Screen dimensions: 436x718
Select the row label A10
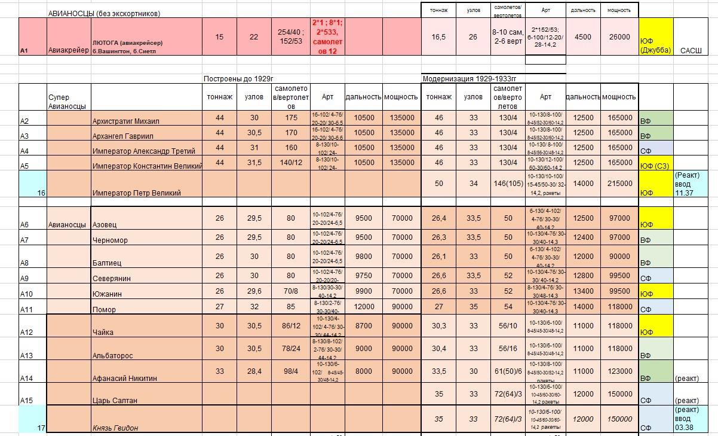click(x=26, y=294)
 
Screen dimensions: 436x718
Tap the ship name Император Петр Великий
click(x=137, y=193)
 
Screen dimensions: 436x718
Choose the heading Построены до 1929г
click(x=238, y=78)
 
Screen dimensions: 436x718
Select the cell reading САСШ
click(x=691, y=50)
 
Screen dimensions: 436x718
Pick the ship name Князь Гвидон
click(x=115, y=428)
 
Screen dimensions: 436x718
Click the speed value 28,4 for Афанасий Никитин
click(x=254, y=371)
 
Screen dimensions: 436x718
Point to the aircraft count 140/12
click(x=291, y=163)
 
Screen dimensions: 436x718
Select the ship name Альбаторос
click(x=113, y=355)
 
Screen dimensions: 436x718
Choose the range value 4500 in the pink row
click(x=582, y=36)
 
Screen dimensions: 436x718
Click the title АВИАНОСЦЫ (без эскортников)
click(x=104, y=13)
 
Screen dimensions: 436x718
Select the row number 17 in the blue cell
click(x=41, y=428)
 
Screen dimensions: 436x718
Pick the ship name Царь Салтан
click(x=115, y=400)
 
